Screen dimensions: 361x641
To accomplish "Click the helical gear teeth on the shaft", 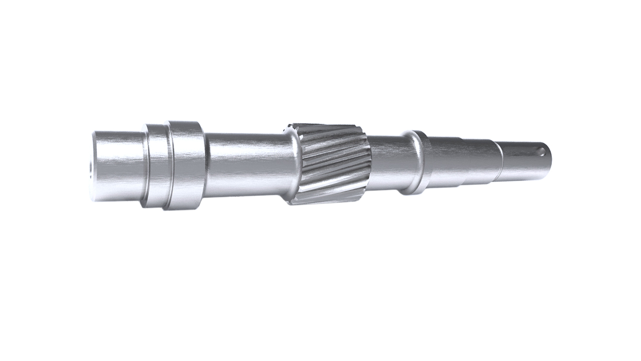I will click(333, 163).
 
